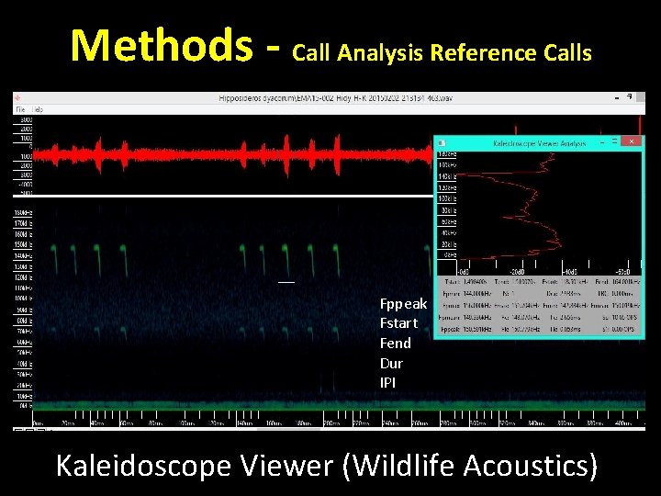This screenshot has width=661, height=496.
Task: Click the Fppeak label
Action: [x=403, y=303]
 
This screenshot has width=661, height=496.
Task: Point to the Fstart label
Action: [x=398, y=323]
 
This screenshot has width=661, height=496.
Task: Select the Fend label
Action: [x=395, y=343]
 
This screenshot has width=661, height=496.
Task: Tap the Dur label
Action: [x=391, y=363]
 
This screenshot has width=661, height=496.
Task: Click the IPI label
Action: [x=387, y=382]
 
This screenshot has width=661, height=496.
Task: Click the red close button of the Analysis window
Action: [x=630, y=142]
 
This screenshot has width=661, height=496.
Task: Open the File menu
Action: [x=18, y=109]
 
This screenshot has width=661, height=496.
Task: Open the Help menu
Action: [x=38, y=109]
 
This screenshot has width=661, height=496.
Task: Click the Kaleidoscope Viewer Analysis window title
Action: [x=539, y=143]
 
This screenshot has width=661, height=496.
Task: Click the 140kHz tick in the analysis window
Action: [x=445, y=175]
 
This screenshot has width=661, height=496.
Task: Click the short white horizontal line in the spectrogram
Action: [x=286, y=282]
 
